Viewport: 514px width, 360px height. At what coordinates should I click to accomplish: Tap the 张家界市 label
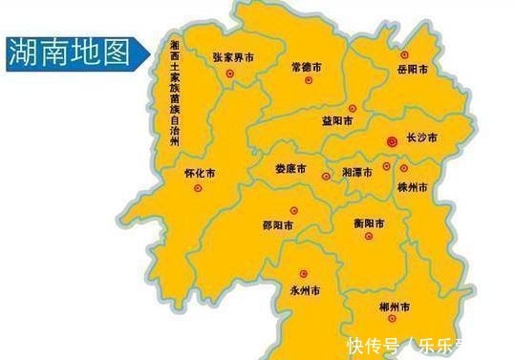[x=234, y=58]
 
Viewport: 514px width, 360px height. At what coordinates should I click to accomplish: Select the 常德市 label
[x=307, y=68]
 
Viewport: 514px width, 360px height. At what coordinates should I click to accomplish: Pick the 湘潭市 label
[x=358, y=175]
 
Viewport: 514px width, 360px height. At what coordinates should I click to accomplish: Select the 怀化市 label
[x=199, y=174]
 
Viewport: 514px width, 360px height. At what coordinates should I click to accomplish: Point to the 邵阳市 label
[x=277, y=226]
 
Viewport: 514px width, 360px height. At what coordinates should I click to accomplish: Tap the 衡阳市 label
[x=368, y=223]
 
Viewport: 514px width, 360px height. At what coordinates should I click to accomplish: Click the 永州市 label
[x=304, y=286]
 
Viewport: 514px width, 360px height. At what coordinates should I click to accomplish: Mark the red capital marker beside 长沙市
[x=391, y=141]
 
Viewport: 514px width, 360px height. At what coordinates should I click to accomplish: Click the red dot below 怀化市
[x=199, y=188]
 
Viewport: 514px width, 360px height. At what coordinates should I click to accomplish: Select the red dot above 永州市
[x=304, y=272]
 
